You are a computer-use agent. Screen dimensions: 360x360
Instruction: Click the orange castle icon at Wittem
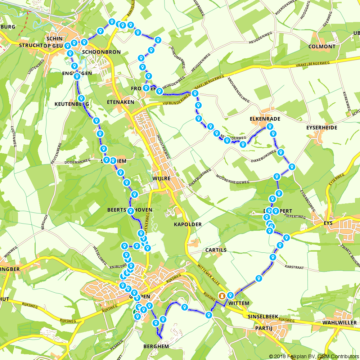click(222, 296)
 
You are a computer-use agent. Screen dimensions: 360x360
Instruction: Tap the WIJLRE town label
click(161, 178)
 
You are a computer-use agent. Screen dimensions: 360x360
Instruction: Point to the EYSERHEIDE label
click(321, 128)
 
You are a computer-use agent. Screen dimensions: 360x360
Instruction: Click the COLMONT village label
click(322, 46)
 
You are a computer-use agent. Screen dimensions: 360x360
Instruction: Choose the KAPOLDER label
click(188, 224)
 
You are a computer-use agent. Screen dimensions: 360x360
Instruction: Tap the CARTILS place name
click(216, 250)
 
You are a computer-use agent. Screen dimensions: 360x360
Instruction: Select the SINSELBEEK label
click(263, 316)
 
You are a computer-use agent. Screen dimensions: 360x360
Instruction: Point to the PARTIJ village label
click(263, 328)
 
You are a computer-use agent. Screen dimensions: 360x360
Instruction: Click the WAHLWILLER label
click(340, 323)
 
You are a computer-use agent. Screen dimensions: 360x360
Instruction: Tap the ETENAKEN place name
click(121, 102)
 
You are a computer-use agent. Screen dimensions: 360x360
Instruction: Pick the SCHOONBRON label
click(102, 52)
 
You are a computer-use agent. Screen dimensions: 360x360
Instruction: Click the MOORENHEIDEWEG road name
click(232, 177)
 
